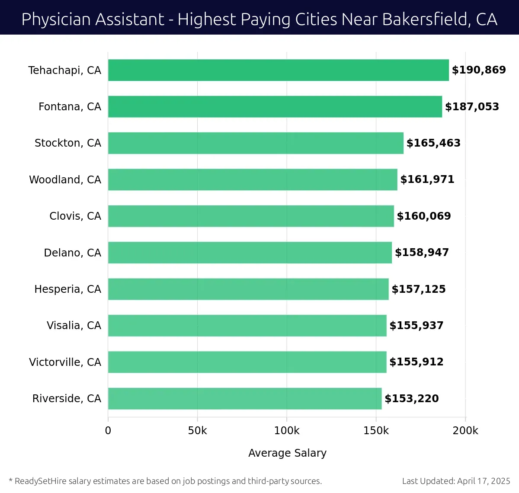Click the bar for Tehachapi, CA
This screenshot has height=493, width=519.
[278, 70]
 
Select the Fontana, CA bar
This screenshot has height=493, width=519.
[275, 106]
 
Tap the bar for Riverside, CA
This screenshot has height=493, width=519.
[244, 398]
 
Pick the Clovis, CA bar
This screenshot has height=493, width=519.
[251, 216]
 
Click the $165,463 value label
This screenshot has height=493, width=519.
[433, 143]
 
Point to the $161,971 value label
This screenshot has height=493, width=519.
[427, 179]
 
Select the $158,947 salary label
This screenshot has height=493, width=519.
[422, 253]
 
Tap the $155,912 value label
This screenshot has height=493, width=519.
[416, 362]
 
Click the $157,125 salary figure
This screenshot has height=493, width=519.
[419, 289]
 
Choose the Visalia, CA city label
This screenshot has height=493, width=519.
[74, 326]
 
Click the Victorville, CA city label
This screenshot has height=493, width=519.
[65, 362]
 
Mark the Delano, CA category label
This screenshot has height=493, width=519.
[72, 253]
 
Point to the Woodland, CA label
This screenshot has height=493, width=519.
[65, 179]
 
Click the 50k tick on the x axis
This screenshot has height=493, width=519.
[197, 431]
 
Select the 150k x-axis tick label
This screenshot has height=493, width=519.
[376, 431]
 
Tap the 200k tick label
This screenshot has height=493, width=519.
[465, 431]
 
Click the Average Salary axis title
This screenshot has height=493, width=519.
[287, 453]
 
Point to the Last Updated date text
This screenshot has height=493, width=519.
[456, 481]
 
